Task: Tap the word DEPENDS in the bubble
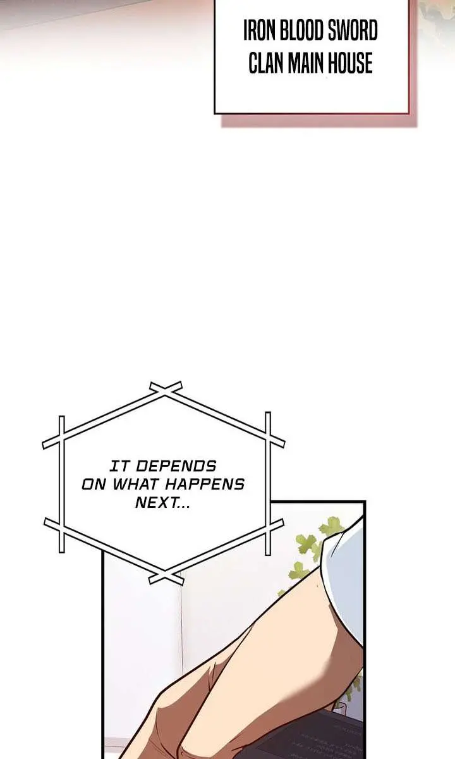pos(176,466)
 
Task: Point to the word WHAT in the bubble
pos(136,484)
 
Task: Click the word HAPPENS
pos(205,484)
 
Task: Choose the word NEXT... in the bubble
pos(162,502)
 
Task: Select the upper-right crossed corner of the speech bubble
pos(268,434)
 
